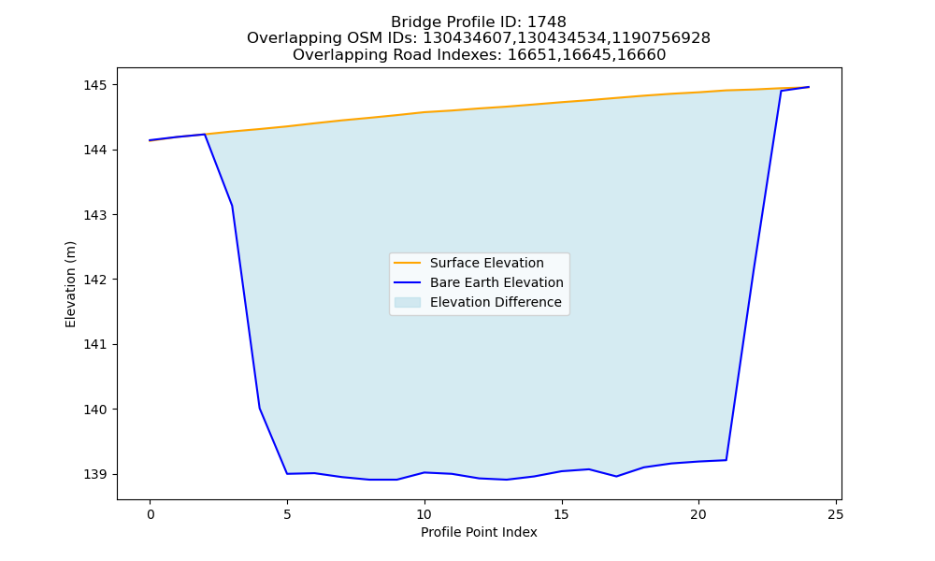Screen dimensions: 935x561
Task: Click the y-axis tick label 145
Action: point(94,85)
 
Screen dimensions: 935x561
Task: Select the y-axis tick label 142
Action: point(94,280)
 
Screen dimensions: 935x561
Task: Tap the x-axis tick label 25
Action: point(836,514)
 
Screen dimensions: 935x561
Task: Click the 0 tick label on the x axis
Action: point(151,514)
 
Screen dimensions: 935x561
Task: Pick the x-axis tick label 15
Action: point(561,514)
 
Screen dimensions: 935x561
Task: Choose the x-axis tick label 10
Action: point(424,514)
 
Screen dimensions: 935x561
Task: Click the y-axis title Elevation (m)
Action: point(70,284)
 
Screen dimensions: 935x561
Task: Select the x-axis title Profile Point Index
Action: point(479,532)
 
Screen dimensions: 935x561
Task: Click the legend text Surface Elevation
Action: point(486,263)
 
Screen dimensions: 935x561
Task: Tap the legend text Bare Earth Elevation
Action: point(496,282)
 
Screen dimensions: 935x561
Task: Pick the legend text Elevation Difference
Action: point(496,302)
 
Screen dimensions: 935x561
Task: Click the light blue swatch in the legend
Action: point(408,302)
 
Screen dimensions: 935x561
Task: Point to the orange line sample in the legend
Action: point(408,263)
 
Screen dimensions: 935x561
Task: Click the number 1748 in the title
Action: point(547,22)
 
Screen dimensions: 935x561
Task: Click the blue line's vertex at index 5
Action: point(287,473)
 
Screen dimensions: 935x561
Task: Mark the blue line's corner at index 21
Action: point(726,460)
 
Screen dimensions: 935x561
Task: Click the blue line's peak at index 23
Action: point(781,91)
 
